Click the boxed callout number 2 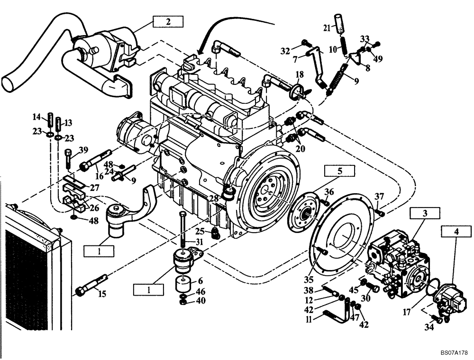(167, 21)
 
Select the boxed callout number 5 (339, 170)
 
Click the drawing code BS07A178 (454, 353)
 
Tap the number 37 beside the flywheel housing (380, 197)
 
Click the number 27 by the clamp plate (94, 187)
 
